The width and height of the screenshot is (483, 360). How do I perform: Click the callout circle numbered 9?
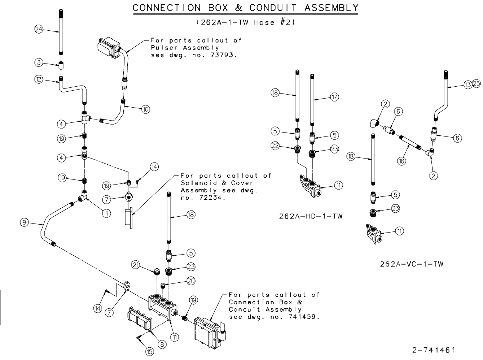(x=24, y=223)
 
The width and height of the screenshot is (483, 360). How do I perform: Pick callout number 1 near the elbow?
(x=106, y=213)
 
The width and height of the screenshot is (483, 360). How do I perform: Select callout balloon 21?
(x=136, y=265)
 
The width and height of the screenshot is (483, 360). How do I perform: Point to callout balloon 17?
(x=335, y=97)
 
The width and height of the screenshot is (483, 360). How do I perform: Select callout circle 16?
(x=401, y=161)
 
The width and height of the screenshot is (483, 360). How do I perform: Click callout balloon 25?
(x=476, y=84)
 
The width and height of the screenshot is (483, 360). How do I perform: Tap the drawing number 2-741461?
(x=434, y=350)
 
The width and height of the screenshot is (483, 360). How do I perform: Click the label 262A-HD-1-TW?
(x=311, y=216)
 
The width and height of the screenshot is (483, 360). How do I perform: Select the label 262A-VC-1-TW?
(x=412, y=264)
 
